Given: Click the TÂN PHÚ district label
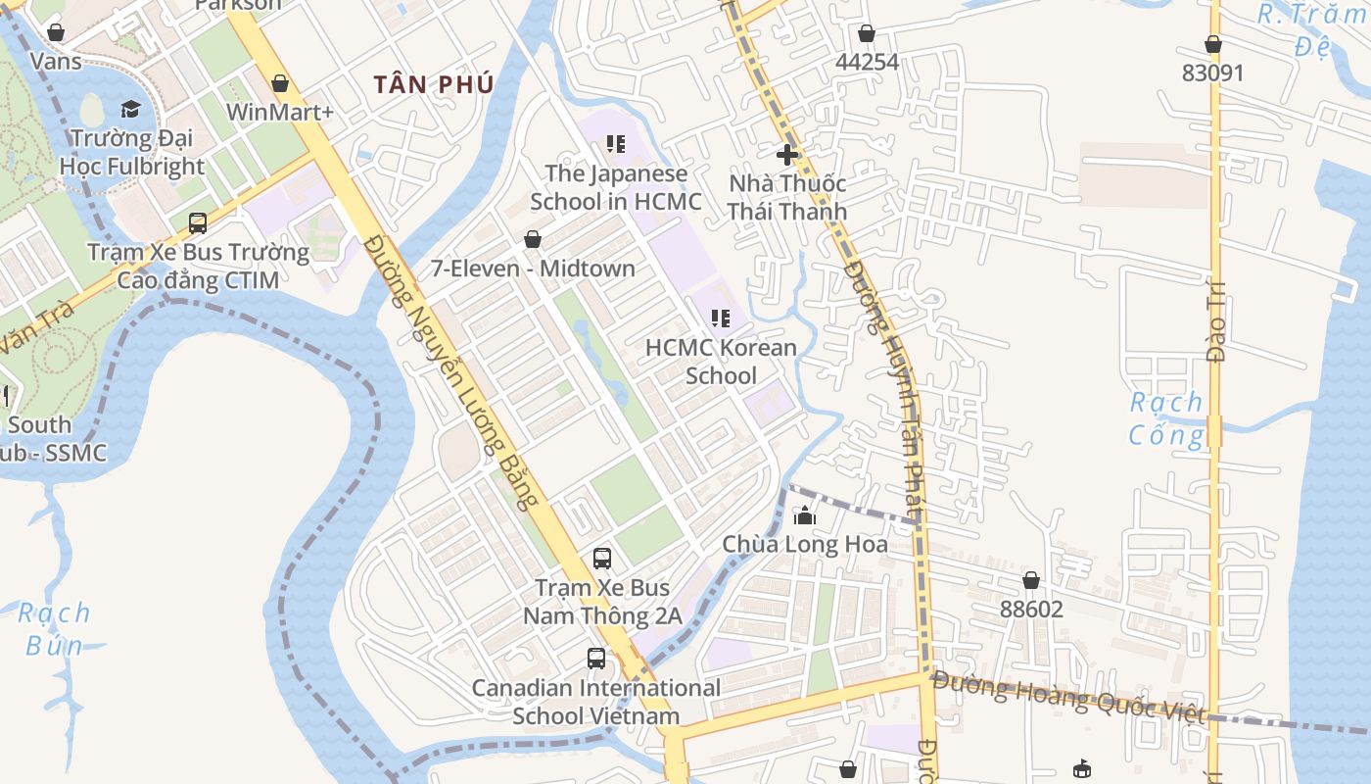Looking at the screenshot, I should pos(433,84).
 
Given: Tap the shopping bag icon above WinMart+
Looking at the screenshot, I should pos(280,84).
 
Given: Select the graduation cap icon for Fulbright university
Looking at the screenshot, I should pos(130,109).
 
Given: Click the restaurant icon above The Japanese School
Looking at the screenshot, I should pos(615,145).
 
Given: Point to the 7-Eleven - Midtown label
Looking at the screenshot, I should pos(533,269).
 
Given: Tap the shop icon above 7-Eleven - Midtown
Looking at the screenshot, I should pos(533,239).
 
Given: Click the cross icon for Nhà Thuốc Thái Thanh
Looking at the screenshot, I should pos(786,154).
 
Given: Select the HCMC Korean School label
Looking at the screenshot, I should pos(721,362).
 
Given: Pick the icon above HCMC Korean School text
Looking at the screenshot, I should pos(721,318).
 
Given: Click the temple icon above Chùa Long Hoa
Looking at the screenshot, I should pos(805,515).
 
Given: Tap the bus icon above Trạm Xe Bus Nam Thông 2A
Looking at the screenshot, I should pos(602,559).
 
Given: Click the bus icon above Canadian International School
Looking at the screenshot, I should pos(595,659).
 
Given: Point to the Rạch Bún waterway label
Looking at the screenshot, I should pos(55,629).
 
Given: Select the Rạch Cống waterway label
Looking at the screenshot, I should pos(1166,417).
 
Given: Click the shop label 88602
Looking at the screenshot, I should pos(1031,610).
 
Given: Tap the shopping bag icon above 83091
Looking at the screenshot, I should pos(1212,44).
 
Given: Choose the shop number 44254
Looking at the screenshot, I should pos(867,62).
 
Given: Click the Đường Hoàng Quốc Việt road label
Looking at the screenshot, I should pos(1068,697).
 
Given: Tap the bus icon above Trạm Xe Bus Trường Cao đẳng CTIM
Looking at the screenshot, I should pos(198,223).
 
